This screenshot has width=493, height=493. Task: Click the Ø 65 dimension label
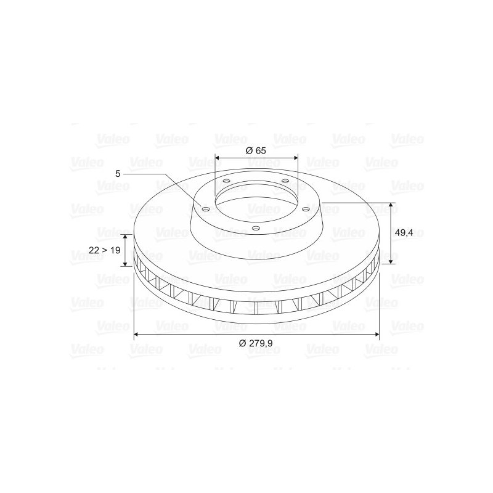click(x=256, y=151)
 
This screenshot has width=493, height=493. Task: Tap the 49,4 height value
click(x=404, y=232)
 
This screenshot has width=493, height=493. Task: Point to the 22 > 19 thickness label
click(x=105, y=250)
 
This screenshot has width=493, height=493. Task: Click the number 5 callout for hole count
click(x=117, y=174)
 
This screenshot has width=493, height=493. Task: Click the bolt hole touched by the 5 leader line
click(x=206, y=209)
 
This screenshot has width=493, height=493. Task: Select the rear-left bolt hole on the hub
click(x=226, y=181)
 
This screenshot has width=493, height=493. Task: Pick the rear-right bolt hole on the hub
click(x=285, y=181)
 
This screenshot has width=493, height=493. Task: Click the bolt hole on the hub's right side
click(x=305, y=210)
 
